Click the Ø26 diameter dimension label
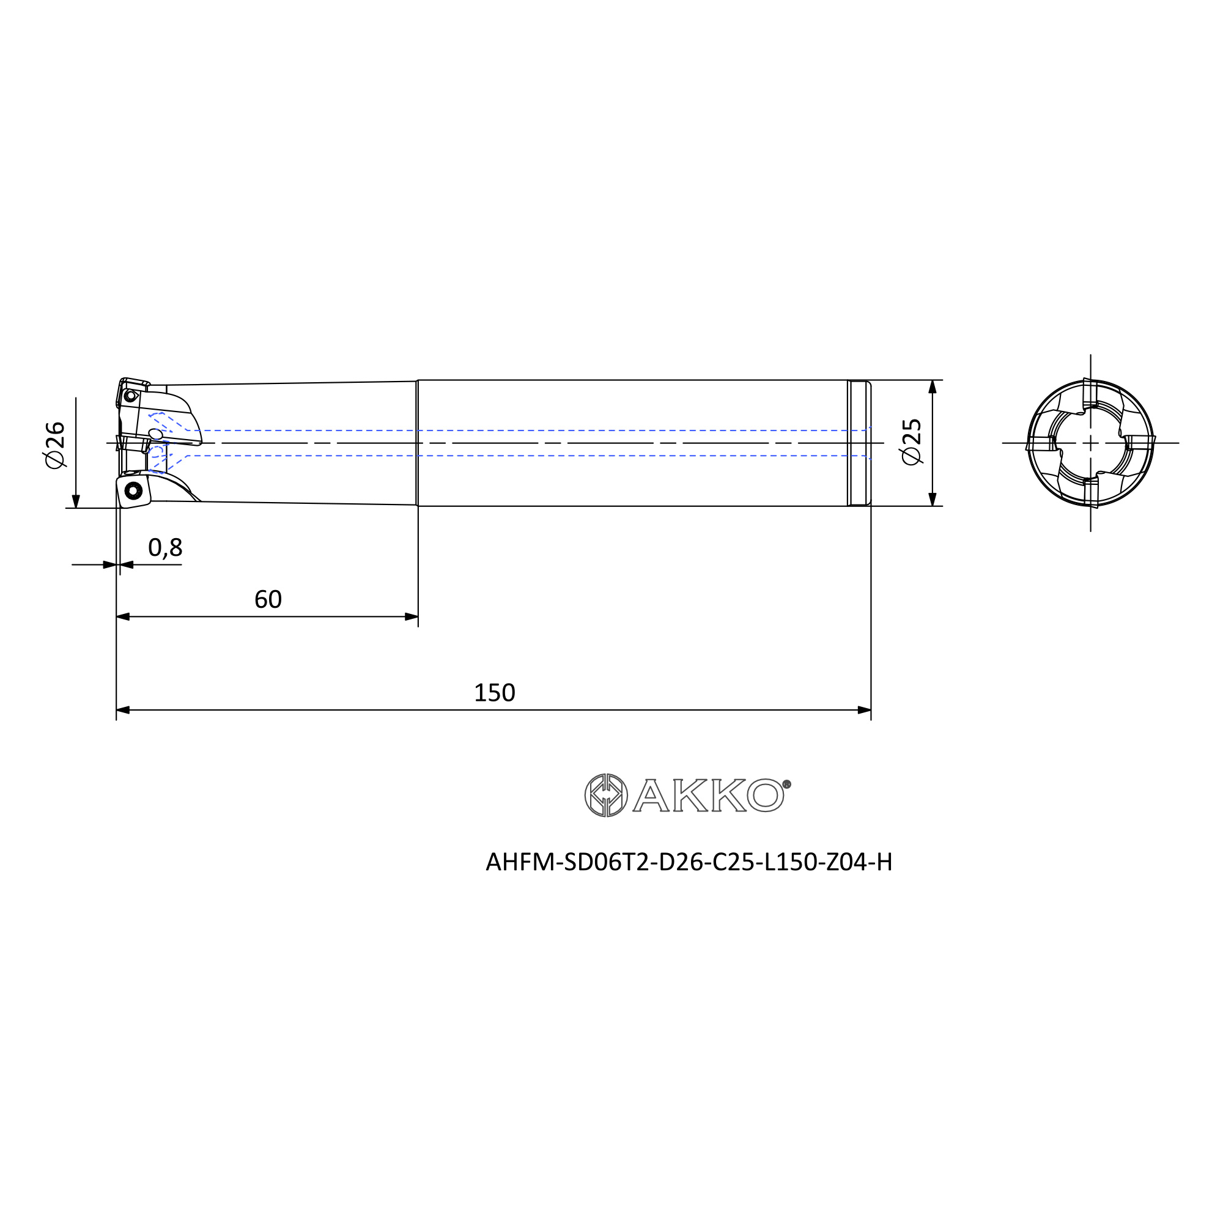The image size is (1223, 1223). pos(56,445)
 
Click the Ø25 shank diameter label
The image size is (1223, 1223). pos(911,442)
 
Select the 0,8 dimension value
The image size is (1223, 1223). pos(165,547)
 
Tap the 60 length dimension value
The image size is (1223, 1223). pos(268,599)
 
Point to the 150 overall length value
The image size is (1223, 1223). pos(494,693)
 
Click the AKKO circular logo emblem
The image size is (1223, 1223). pos(606,795)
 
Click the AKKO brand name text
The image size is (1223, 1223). pos(708,795)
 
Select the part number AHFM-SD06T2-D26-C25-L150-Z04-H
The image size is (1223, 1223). pos(689,862)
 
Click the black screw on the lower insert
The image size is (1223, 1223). pos(133,490)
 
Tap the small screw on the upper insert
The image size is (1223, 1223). pos(130,396)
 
